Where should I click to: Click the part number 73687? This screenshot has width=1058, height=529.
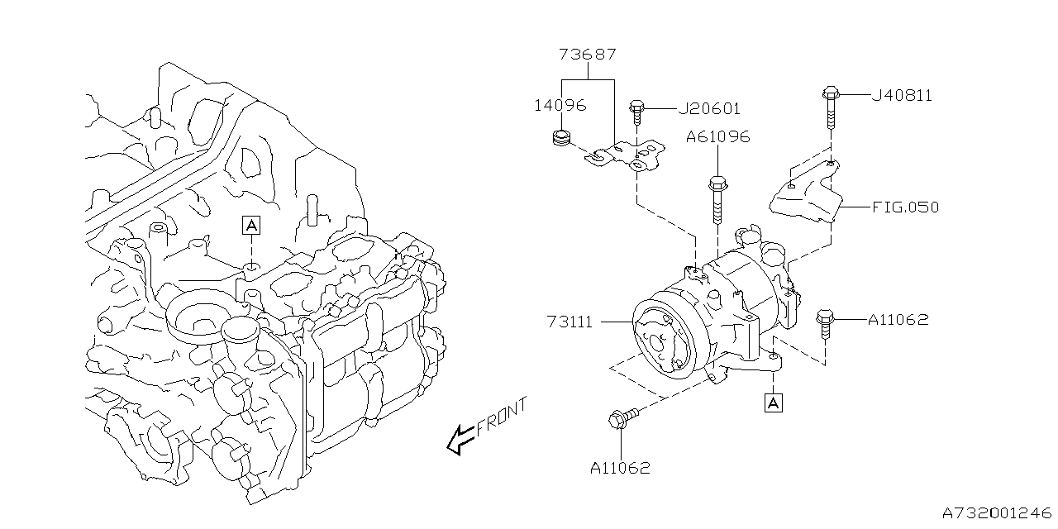(588, 55)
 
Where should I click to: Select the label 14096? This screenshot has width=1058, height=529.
(560, 105)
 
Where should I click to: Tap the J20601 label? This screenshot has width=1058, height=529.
(708, 109)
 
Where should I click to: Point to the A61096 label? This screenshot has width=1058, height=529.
(717, 137)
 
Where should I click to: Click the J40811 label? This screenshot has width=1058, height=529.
(902, 96)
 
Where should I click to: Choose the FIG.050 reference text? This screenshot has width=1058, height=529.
(905, 207)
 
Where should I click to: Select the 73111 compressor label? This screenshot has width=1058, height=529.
(570, 322)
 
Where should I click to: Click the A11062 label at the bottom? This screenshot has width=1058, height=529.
(620, 468)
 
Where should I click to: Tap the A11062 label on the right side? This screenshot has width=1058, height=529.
(898, 319)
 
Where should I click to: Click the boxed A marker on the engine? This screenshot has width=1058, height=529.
(251, 224)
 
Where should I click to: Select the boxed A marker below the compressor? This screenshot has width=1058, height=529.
(773, 403)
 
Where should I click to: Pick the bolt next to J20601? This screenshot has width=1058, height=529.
(637, 113)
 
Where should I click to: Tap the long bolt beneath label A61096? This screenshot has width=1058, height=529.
(717, 198)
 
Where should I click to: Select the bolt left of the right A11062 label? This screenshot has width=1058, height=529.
(824, 323)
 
